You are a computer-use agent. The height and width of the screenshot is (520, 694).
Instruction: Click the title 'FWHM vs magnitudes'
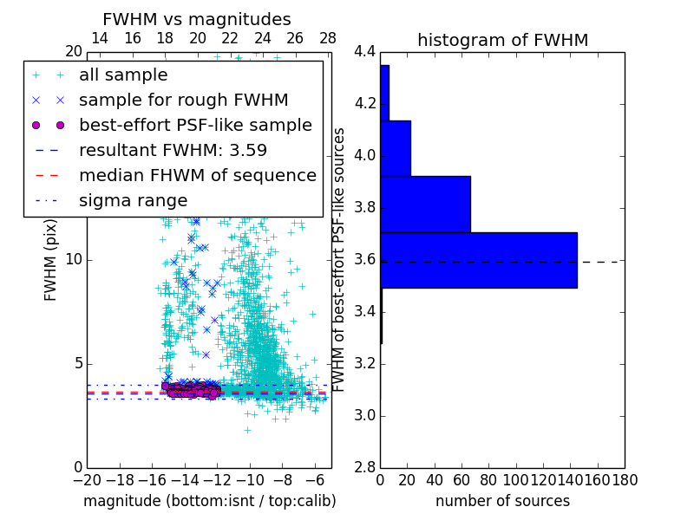click(x=197, y=19)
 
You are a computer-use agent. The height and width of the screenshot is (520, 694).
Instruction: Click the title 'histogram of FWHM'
click(x=502, y=40)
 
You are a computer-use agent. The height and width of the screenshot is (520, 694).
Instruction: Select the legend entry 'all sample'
click(x=123, y=75)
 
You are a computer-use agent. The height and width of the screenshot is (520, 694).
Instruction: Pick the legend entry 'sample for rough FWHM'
click(x=183, y=100)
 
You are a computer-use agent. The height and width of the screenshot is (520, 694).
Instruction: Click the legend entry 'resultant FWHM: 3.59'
click(x=173, y=150)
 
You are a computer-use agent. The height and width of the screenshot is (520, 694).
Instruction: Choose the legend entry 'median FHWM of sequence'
click(x=197, y=175)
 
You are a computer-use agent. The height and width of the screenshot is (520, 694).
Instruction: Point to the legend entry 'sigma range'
click(x=133, y=200)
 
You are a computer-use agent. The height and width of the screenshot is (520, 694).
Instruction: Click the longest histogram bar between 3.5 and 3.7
click(x=479, y=260)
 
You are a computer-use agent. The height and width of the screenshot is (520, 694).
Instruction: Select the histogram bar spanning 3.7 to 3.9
click(x=425, y=205)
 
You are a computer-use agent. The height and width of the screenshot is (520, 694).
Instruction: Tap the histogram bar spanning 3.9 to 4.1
click(x=396, y=148)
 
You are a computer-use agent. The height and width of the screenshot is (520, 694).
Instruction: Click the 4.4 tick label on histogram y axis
click(x=365, y=52)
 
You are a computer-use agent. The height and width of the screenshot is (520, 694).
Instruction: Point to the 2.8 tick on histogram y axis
click(x=365, y=467)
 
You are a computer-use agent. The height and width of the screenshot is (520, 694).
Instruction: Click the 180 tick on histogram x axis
click(x=625, y=479)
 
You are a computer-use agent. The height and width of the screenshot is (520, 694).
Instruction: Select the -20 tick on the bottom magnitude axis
click(x=87, y=479)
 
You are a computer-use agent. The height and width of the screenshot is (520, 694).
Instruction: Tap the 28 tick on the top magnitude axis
click(x=328, y=38)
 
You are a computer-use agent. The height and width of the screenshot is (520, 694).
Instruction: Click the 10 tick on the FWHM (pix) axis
click(x=74, y=259)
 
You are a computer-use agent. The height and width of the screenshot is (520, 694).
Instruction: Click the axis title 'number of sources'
click(x=502, y=501)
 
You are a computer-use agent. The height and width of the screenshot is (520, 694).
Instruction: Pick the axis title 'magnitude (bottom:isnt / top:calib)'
click(x=209, y=501)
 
